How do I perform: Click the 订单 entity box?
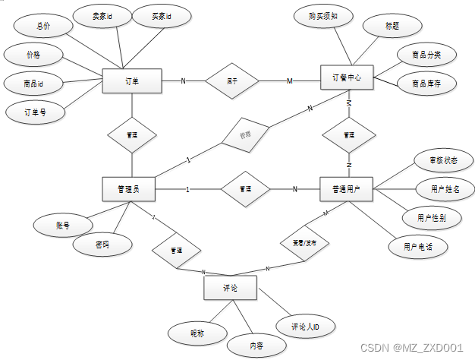coord(131,81)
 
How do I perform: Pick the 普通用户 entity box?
coord(348,188)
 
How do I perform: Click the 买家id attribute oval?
coord(158,16)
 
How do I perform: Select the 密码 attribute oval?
coord(102,245)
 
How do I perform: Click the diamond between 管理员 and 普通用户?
coord(245,188)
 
